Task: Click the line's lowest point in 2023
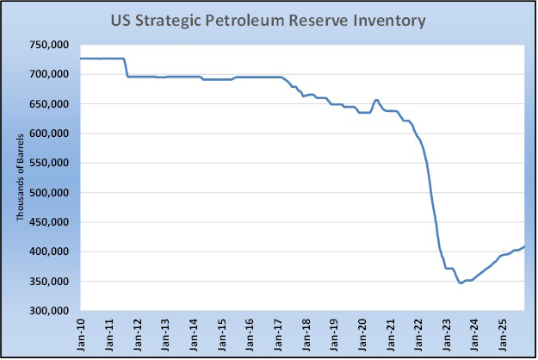[461, 282]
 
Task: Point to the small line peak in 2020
[376, 100]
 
